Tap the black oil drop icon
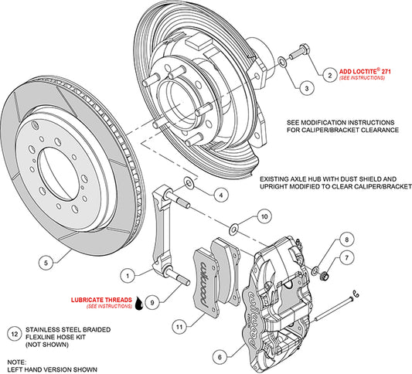tap(139, 304)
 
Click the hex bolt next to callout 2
tap(295, 58)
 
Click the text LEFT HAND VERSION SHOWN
tap(53, 369)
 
